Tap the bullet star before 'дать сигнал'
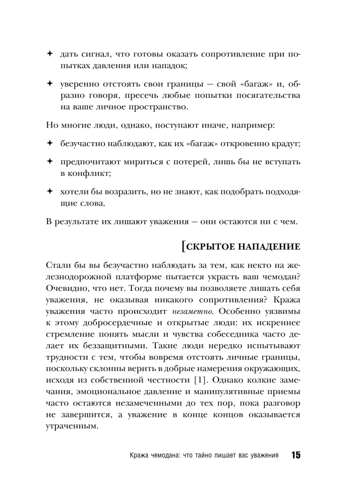pos(49,53)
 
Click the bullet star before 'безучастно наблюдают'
pos(49,144)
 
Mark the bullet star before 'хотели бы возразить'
pos(49,192)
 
